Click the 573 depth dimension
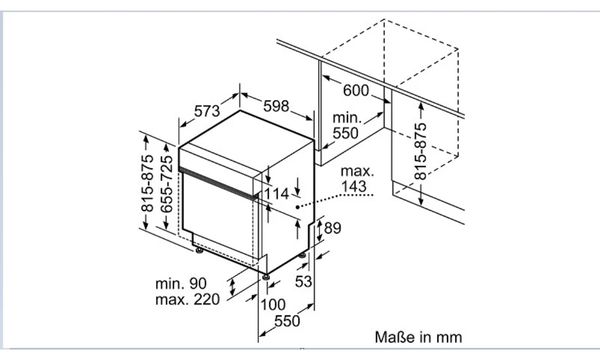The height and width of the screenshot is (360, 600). coord(207,111)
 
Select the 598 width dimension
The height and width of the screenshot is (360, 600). coord(276,106)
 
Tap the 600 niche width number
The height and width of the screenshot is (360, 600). coord(356,91)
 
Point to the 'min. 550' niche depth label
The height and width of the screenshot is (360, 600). coord(347,125)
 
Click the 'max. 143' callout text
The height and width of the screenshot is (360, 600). coord(357,179)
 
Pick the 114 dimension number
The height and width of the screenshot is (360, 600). coord(277,194)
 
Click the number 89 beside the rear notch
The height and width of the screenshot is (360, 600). coord(332,228)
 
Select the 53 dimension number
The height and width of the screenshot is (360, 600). coord(303,282)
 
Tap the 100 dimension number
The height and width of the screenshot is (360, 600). coord(273,305)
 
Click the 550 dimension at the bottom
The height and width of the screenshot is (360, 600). coord(287,321)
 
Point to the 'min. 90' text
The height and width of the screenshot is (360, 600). coord(181,283)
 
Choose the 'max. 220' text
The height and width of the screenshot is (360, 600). coord(188,299)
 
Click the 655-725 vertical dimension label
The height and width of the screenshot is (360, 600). coord(166,184)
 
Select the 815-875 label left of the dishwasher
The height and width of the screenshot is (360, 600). coord(147,183)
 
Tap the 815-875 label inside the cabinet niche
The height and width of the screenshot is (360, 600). coord(420,151)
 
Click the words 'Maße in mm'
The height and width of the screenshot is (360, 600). coord(418,337)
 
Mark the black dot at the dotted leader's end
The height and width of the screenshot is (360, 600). coord(297,207)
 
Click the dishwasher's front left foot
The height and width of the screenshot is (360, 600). coord(199,250)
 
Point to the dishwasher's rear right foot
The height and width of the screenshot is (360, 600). coord(302,255)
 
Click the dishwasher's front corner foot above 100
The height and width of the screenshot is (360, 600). coord(266,275)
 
